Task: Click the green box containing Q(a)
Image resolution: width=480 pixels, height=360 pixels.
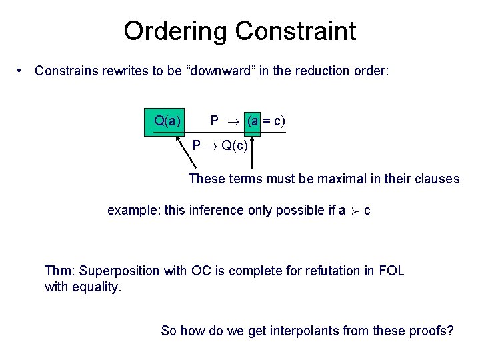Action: pyautogui.click(x=166, y=121)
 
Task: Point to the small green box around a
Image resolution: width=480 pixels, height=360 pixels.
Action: pyautogui.click(x=253, y=121)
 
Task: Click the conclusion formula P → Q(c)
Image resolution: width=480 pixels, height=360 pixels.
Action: pyautogui.click(x=221, y=145)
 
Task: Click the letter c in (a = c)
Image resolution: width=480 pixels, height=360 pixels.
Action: pyautogui.click(x=276, y=121)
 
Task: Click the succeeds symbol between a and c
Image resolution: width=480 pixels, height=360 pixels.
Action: pyautogui.click(x=355, y=211)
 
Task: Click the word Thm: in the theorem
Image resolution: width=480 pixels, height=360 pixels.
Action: pyautogui.click(x=59, y=271)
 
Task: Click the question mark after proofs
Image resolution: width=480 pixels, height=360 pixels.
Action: pyautogui.click(x=450, y=330)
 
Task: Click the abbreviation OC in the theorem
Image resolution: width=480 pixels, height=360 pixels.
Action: pyautogui.click(x=201, y=271)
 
